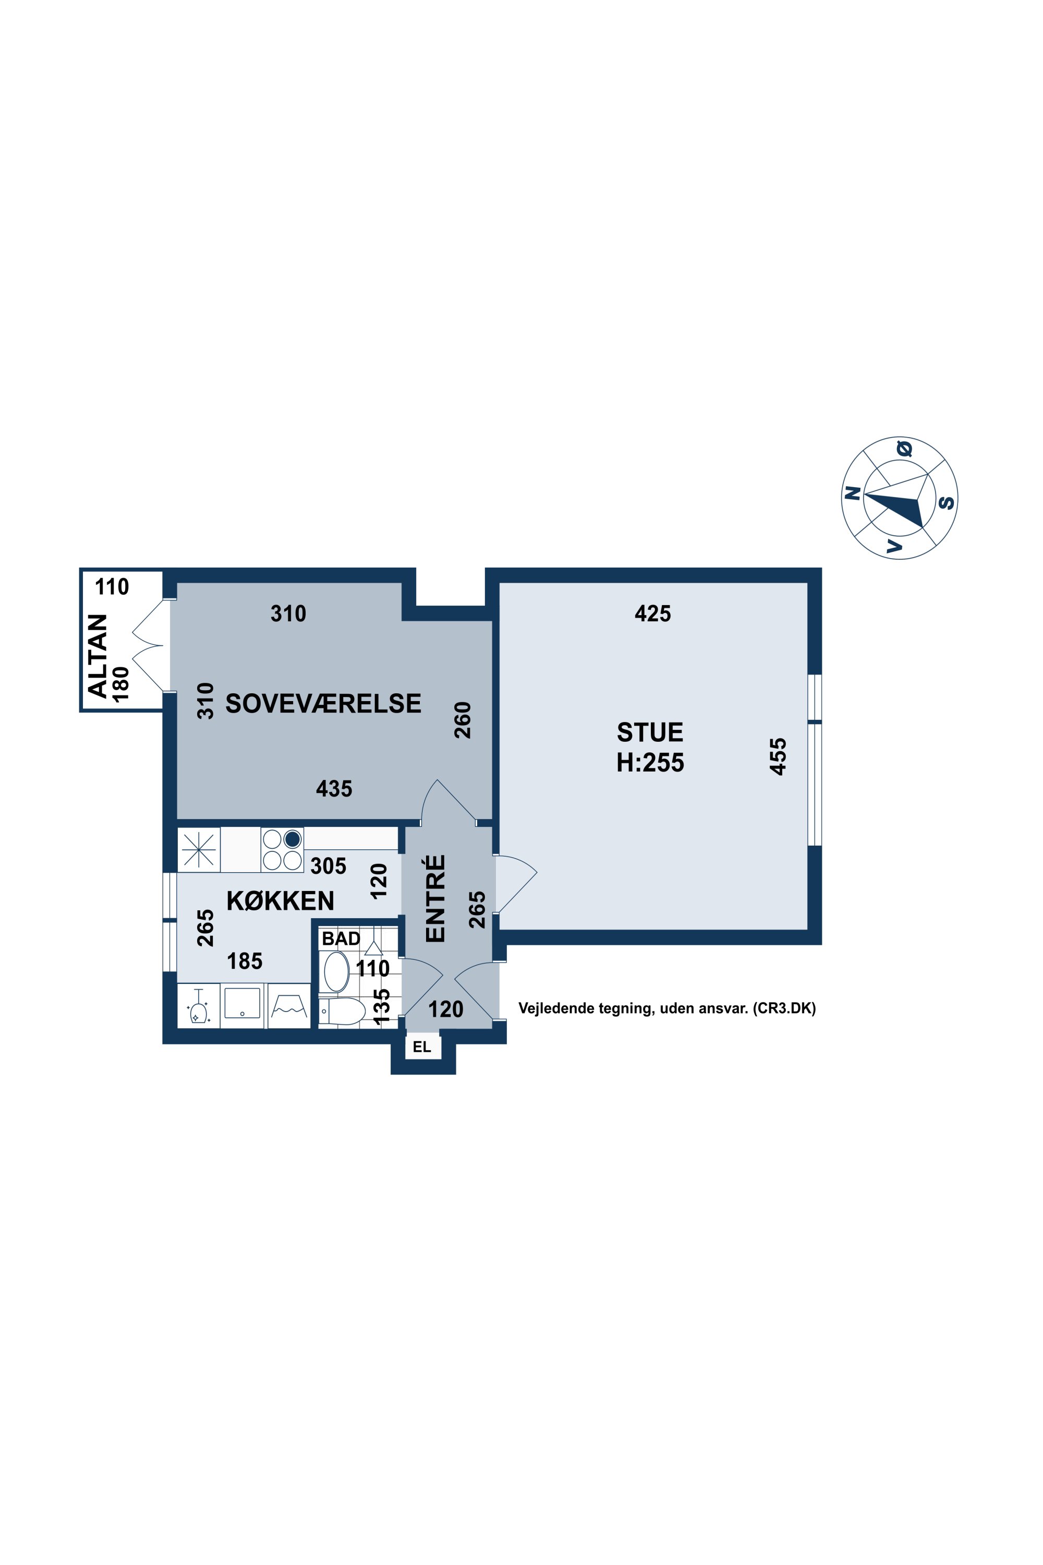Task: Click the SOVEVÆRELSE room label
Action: [x=323, y=703]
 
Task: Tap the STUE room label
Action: [x=650, y=732]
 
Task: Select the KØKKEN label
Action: [x=281, y=901]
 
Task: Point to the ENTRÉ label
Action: [x=435, y=898]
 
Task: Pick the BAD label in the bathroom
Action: [x=341, y=939]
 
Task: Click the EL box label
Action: [x=422, y=1048]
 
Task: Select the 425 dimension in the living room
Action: [x=652, y=613]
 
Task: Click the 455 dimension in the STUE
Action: [x=778, y=756]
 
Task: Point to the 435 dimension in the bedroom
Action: [x=334, y=789]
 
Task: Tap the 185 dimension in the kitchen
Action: [x=245, y=961]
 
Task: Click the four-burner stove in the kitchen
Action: [x=282, y=850]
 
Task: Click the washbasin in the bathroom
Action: [x=336, y=972]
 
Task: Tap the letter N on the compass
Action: [x=853, y=493]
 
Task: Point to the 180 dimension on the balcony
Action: [x=120, y=684]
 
